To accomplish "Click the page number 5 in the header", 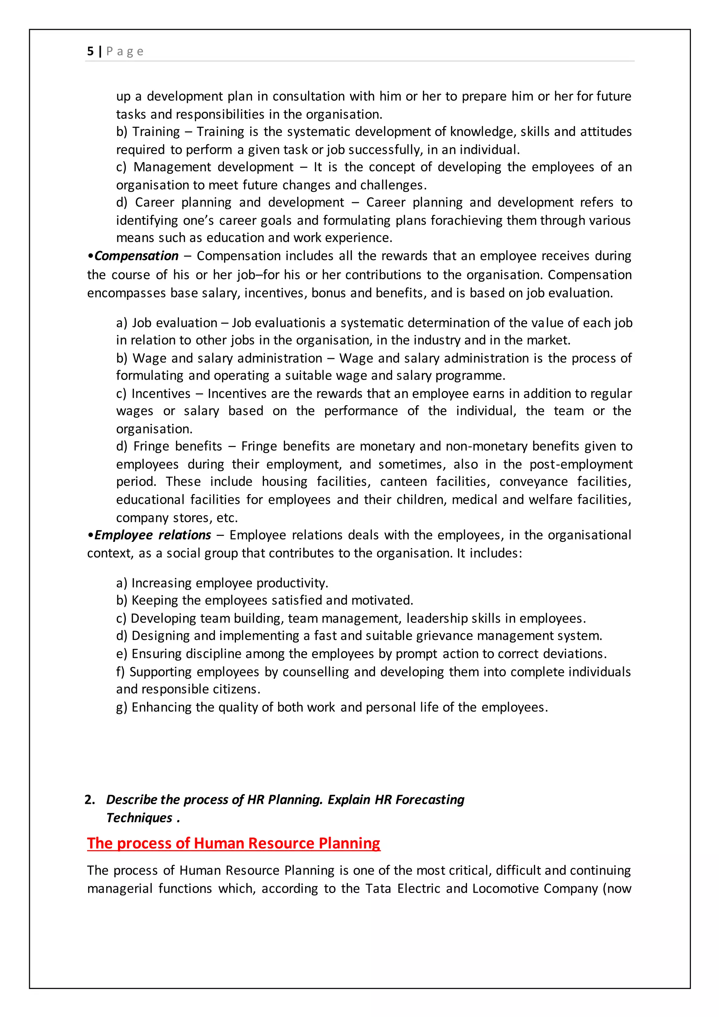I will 90,51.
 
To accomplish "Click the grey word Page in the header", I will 125,51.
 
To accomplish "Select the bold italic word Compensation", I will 136,256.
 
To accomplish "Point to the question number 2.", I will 90,800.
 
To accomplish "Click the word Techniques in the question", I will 139,818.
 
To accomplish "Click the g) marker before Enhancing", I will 121,707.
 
